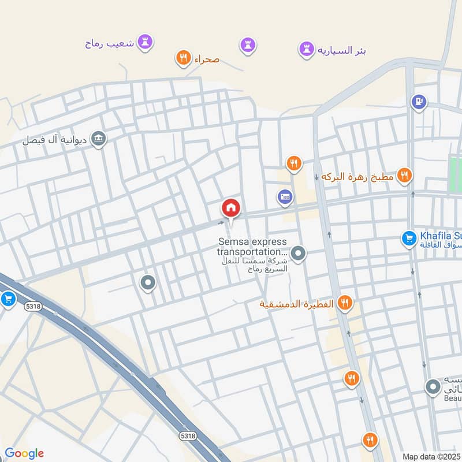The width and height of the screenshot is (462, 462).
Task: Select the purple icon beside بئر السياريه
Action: coord(305,50)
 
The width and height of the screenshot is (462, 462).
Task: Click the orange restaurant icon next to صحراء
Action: coord(183,58)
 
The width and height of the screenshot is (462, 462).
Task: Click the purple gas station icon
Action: coord(419,102)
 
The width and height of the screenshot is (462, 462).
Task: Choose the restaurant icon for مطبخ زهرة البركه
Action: coord(405,175)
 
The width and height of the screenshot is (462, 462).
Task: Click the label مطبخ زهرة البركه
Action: coord(356,176)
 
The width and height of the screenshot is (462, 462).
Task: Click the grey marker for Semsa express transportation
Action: coord(298,253)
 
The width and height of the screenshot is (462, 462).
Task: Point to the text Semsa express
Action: coord(252,242)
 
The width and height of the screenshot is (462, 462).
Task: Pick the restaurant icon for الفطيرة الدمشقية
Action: coord(345,303)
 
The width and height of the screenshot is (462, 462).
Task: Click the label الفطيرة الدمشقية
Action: coord(296,303)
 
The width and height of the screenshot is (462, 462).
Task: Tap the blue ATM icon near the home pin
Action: coord(284,197)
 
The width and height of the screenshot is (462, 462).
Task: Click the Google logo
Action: coord(24,453)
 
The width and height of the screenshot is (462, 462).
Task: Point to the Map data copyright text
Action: coord(431,456)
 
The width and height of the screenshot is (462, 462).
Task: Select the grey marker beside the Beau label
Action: coord(433,387)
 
